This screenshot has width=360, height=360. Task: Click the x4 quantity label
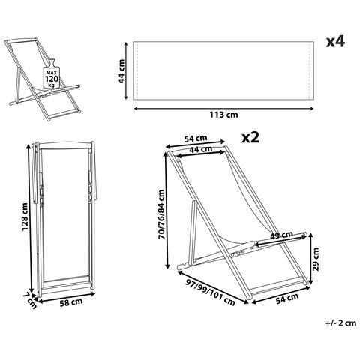(x=335, y=42)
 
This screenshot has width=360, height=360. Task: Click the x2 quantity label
(x=250, y=137)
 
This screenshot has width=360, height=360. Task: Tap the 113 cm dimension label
(x=223, y=115)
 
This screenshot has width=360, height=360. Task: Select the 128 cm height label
(x=25, y=217)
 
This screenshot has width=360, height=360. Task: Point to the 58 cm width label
(x=71, y=302)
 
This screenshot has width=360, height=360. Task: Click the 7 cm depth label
(x=30, y=300)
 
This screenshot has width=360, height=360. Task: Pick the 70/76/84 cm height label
(x=162, y=214)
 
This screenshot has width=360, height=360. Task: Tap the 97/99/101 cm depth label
(x=210, y=292)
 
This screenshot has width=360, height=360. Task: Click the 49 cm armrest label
(x=281, y=235)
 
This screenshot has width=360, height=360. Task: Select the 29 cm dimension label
(x=316, y=259)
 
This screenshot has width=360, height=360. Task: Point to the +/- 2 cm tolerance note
(x=340, y=323)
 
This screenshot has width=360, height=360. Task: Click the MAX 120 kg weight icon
(x=52, y=74)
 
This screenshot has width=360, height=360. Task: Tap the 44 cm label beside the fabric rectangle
(x=121, y=71)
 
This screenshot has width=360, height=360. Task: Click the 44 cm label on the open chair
(x=201, y=150)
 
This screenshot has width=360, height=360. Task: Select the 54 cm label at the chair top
(x=196, y=138)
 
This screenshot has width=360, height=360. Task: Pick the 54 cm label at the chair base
(x=287, y=298)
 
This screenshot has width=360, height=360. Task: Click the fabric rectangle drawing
(x=223, y=70)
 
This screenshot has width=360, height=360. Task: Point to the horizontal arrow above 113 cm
(x=223, y=109)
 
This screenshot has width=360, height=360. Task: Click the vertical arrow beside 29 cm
(x=310, y=259)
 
